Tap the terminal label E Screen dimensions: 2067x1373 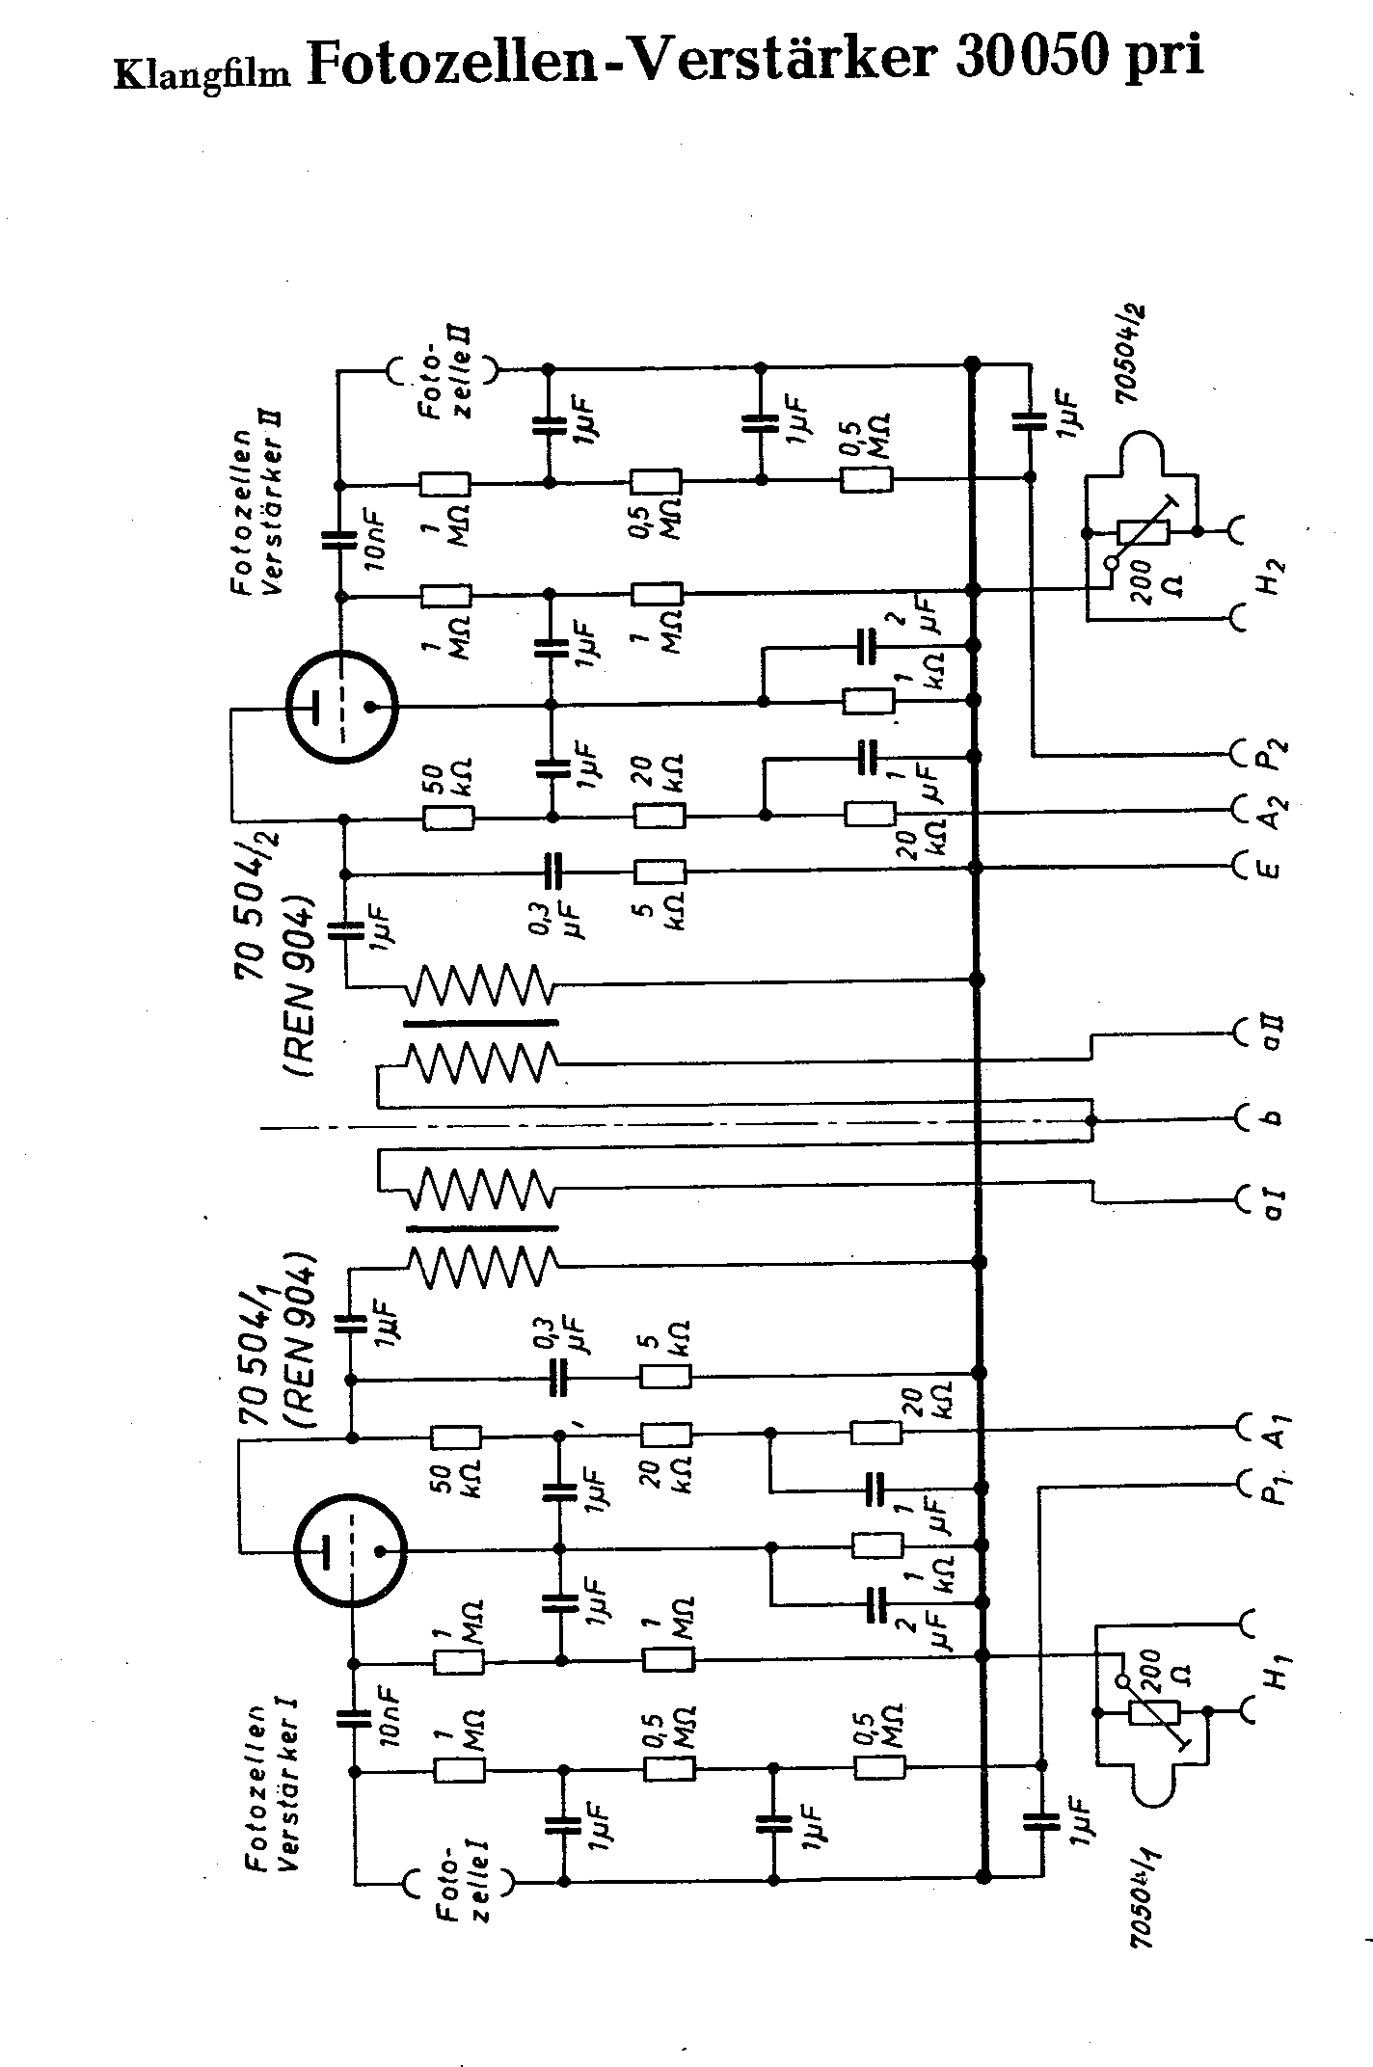(x=1270, y=869)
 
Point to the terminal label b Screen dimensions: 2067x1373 (x=1271, y=1119)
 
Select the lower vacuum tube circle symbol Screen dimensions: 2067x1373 (x=349, y=1550)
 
